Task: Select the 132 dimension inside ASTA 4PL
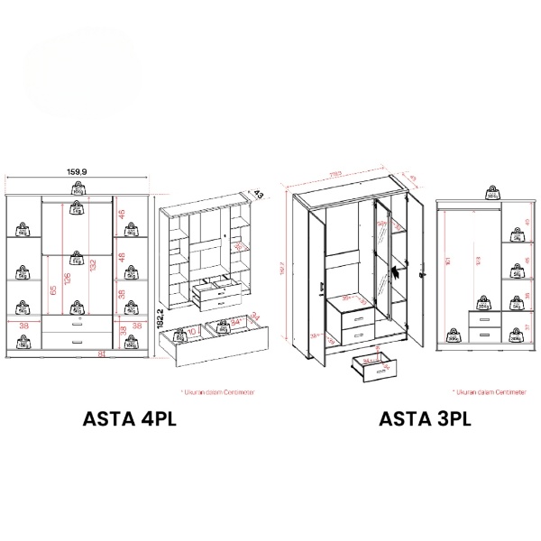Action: (x=93, y=263)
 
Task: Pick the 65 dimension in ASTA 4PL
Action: (x=53, y=290)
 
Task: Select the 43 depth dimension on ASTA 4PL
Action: (x=258, y=194)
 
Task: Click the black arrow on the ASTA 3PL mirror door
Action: (x=394, y=271)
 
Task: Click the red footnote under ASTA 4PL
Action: (x=217, y=392)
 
